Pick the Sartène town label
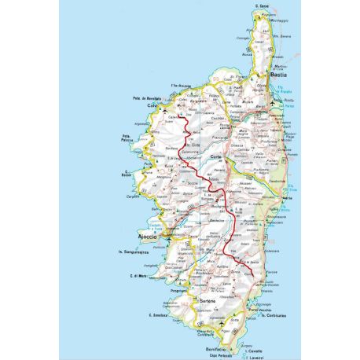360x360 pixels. tap(208, 301)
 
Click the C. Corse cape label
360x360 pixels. tap(263, 7)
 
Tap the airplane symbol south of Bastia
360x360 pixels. tap(272, 104)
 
